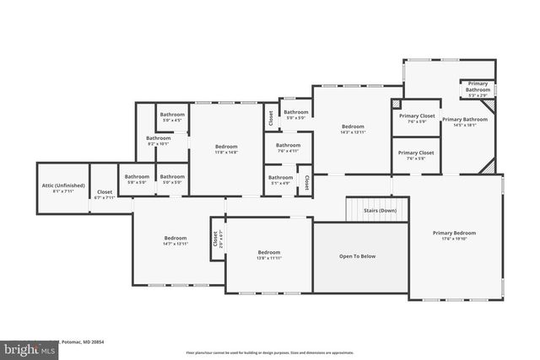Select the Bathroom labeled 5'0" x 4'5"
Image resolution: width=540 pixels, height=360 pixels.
coord(172,117)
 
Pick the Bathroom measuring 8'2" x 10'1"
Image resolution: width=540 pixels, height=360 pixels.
coord(158,141)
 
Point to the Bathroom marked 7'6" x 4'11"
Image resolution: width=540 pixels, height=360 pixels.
coord(288,148)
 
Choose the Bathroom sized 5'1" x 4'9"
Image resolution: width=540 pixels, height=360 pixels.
coord(280,180)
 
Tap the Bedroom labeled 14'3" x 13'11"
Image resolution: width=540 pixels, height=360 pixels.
coord(352,129)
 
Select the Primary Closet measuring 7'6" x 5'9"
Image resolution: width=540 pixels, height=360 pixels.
coord(417,118)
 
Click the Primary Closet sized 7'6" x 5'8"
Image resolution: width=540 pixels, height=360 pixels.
coord(417,155)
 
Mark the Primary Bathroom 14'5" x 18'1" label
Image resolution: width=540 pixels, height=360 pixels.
coord(464,122)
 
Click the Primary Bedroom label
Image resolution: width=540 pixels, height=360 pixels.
coord(454,235)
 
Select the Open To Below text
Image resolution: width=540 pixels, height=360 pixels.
coord(358,255)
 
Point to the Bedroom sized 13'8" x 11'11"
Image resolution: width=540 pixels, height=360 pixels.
coord(269,255)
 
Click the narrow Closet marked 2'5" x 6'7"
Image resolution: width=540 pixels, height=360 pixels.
coord(216,239)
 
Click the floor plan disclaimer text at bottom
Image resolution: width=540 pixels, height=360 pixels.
coord(269,352)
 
